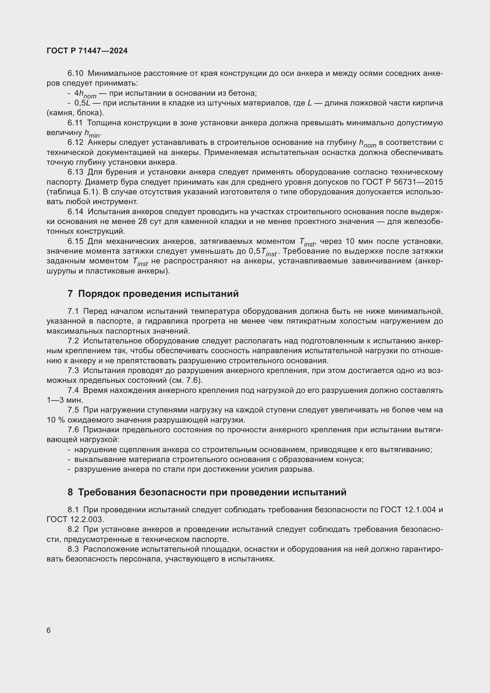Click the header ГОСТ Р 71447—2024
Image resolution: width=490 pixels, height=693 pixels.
(x=87, y=51)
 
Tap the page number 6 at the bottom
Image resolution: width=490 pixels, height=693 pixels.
(x=49, y=630)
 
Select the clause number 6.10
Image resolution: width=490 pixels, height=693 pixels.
(x=75, y=73)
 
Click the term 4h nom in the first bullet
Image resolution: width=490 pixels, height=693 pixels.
(x=85, y=94)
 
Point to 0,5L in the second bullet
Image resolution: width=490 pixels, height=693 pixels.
(x=82, y=103)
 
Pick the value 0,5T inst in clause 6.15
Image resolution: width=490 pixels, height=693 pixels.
(x=262, y=252)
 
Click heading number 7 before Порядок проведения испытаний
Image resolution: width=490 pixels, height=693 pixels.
(x=70, y=294)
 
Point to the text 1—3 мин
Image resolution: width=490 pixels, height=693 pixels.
(x=65, y=400)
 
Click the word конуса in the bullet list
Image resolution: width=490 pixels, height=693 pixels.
(x=350, y=460)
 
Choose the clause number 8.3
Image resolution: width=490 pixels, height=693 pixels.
(x=73, y=549)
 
